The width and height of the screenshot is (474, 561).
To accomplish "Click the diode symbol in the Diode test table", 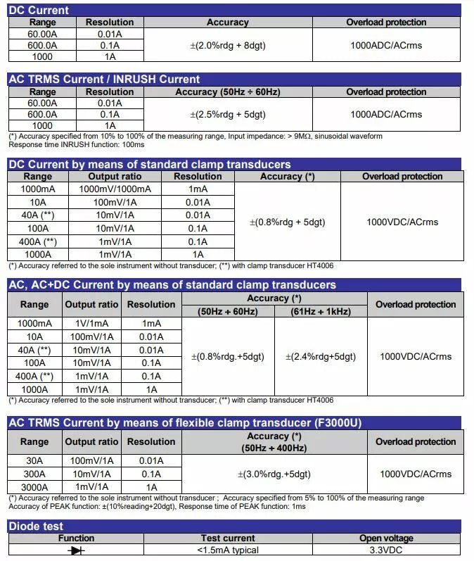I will click(76, 550).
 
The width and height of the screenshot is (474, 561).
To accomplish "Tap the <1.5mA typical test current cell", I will click(228, 550).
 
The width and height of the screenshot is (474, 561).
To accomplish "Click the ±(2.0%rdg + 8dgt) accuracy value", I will click(228, 46).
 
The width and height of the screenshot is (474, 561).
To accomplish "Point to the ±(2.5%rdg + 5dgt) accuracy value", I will click(228, 114).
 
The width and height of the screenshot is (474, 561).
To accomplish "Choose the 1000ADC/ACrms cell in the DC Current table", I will click(386, 46).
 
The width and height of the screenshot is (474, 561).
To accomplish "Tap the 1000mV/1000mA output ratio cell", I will click(115, 189).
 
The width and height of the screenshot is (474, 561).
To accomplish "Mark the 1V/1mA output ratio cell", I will click(91, 323).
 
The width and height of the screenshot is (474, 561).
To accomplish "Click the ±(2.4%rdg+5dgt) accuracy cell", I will click(321, 357).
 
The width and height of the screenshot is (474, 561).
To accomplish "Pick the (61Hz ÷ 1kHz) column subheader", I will click(321, 311).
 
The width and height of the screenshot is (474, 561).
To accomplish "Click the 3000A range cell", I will click(34, 487).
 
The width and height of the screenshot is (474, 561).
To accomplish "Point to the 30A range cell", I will click(34, 461).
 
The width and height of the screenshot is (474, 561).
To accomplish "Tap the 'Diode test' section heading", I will click(36, 527).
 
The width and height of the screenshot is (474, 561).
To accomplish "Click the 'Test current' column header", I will click(228, 538).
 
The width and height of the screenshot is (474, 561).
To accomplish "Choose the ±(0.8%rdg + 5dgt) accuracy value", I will click(287, 222).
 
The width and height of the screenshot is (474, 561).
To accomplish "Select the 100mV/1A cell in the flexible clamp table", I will click(91, 461).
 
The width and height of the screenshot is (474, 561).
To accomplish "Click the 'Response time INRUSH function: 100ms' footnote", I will click(76, 144).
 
